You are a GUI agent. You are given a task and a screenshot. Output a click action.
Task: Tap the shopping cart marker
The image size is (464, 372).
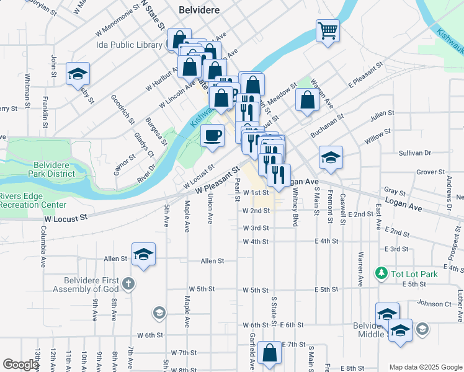(328, 30)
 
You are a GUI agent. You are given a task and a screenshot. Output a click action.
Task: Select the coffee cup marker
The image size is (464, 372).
(213, 136)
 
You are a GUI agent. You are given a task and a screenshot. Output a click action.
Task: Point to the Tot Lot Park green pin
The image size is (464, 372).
(380, 273)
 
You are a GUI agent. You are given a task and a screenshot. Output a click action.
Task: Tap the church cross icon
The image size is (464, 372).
(128, 284)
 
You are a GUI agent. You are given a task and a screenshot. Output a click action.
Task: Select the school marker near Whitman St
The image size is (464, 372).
(78, 74)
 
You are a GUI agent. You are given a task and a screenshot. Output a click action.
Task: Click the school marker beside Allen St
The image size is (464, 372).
(143, 254)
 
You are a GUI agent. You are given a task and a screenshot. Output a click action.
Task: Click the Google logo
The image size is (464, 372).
(20, 365)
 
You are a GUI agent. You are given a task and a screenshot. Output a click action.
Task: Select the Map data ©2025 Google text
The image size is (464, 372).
(424, 367)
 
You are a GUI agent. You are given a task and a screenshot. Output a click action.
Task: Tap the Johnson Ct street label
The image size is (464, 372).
(434, 304)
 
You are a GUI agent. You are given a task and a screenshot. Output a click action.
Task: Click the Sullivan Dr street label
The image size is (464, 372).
(415, 153)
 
